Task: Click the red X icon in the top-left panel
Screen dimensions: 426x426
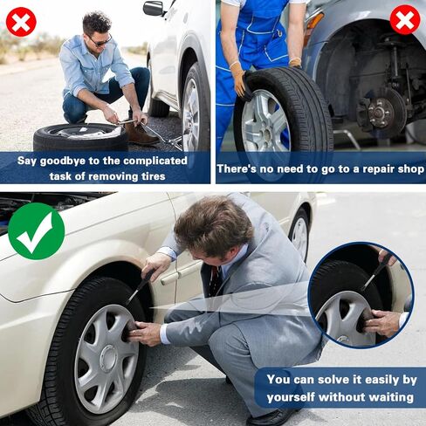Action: point(21,21)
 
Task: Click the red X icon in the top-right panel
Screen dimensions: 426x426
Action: point(404,19)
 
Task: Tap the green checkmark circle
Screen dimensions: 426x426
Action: point(36,230)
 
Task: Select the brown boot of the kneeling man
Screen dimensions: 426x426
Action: point(141,133)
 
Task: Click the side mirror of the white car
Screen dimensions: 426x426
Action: point(154,8)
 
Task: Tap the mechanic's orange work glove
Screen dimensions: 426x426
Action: point(237,79)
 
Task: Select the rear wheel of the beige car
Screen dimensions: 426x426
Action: point(299,234)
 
